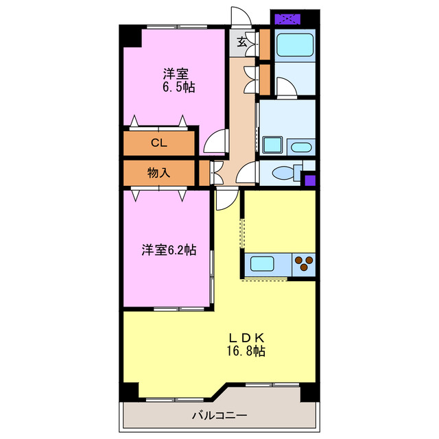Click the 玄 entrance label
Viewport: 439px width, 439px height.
(x=243, y=42)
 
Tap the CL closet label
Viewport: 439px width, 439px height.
(x=158, y=143)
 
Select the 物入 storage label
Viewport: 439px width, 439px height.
(x=158, y=173)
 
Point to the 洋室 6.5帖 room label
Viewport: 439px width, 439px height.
(x=176, y=80)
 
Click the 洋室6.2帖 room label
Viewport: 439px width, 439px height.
(x=169, y=250)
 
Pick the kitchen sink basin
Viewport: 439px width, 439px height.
(x=263, y=263)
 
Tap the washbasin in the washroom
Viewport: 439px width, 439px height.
(x=300, y=146)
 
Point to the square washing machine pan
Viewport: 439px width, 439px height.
(x=273, y=145)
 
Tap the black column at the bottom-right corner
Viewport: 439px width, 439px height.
(x=310, y=392)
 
